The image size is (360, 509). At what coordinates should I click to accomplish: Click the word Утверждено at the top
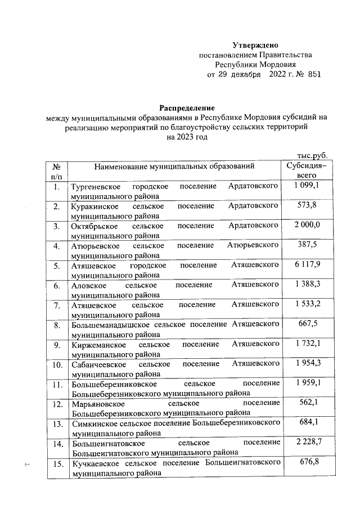click(255, 45)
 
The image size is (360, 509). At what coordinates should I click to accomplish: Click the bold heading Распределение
click(187, 107)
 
